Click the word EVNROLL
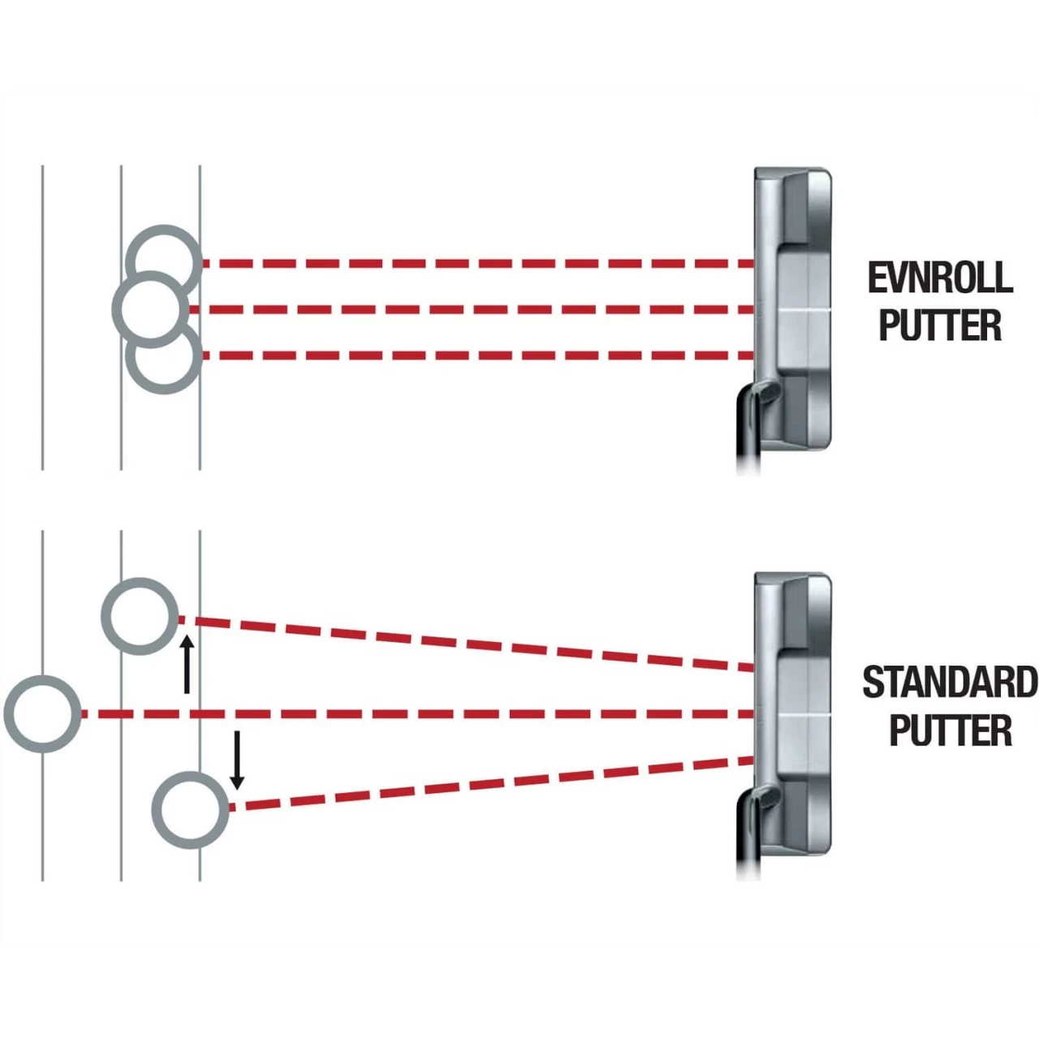click(x=940, y=278)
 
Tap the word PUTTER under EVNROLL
click(x=940, y=325)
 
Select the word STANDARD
click(x=949, y=682)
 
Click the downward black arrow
click(x=236, y=760)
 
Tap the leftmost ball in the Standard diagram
click(x=42, y=714)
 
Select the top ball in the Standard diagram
click(x=140, y=616)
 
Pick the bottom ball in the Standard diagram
click(x=191, y=809)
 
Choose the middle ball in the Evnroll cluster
click(x=149, y=308)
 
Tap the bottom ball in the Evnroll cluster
click(x=165, y=359)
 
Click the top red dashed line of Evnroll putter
click(x=479, y=264)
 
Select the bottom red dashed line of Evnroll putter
click(x=479, y=356)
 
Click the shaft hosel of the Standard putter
click(x=753, y=820)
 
